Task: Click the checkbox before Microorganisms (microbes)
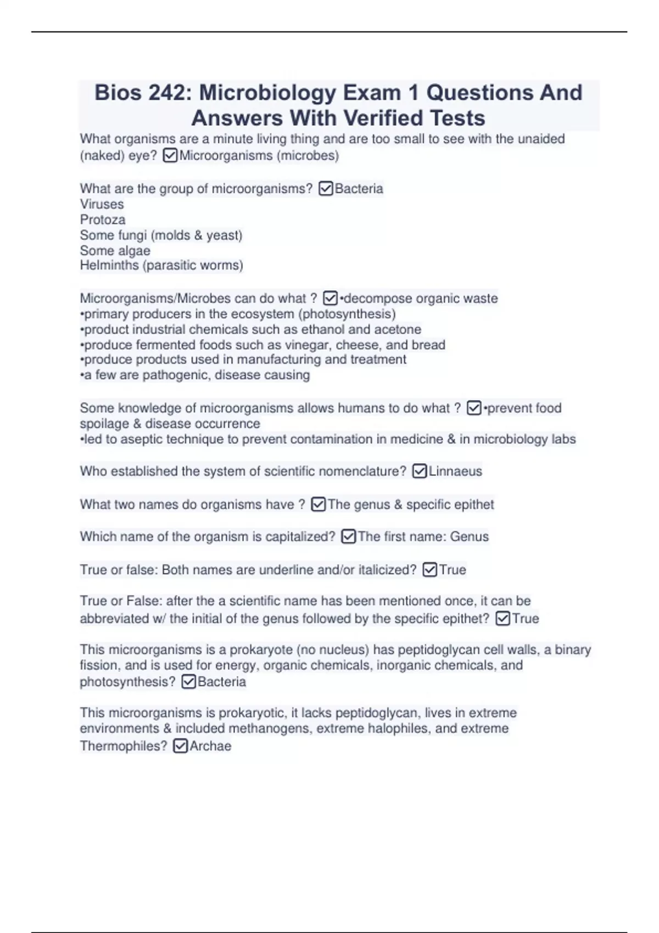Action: (170, 156)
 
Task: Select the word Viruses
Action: (102, 204)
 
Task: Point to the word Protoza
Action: (103, 220)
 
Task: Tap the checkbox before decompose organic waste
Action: (330, 299)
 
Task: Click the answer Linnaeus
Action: (455, 471)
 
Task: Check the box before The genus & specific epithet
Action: (318, 504)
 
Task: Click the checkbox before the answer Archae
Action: (180, 746)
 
